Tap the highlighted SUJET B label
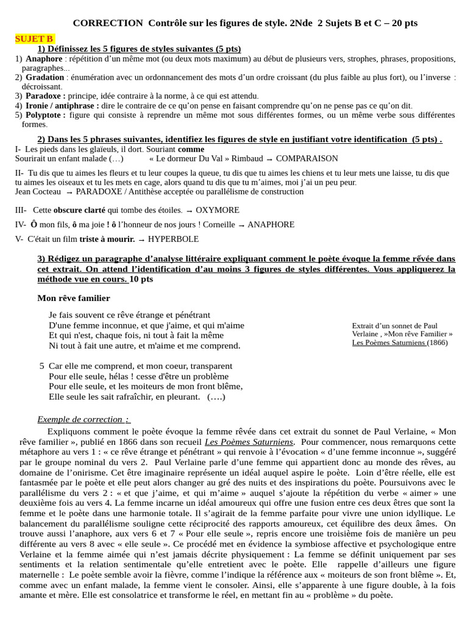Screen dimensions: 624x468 coord(34,39)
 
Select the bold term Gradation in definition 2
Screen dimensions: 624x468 coord(44,77)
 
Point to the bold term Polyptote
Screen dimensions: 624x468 coord(45,115)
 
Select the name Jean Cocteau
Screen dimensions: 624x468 coord(38,191)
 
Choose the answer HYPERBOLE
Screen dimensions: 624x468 coord(173,239)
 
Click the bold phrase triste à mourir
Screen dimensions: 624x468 coord(107,239)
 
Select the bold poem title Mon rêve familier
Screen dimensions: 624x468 coord(74,298)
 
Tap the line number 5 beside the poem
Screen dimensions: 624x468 coord(41,366)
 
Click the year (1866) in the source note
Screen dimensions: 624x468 coord(437,342)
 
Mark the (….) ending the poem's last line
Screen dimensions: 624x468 coord(216,397)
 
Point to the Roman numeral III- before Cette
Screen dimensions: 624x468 coord(21,210)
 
